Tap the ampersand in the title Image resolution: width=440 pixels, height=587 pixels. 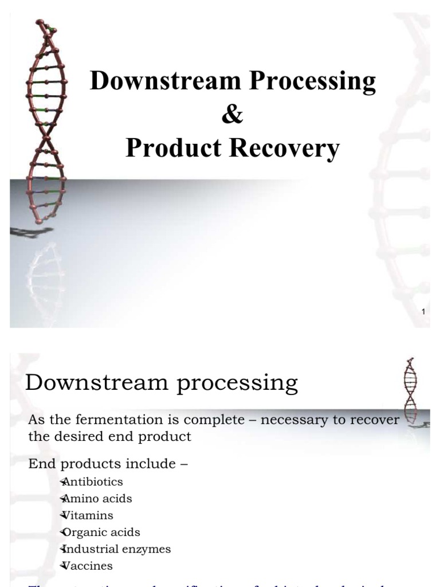(x=232, y=115)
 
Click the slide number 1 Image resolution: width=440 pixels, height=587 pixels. (x=423, y=312)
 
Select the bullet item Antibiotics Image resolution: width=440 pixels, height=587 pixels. (x=92, y=482)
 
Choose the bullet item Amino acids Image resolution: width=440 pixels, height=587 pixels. (x=96, y=499)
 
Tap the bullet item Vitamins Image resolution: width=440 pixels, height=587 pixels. (x=88, y=515)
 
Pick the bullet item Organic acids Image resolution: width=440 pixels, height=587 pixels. (x=100, y=533)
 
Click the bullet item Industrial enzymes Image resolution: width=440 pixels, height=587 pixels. (x=116, y=549)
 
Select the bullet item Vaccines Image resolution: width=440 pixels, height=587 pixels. (x=88, y=566)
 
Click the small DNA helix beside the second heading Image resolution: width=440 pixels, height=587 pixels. (x=410, y=390)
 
